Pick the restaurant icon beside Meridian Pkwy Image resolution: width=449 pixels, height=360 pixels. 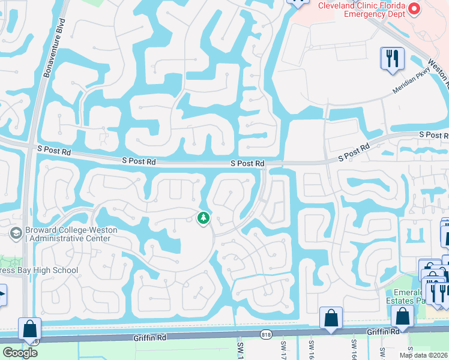(392, 59)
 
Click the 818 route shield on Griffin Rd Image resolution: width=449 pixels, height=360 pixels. (265, 334)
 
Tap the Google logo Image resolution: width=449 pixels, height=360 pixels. (20, 353)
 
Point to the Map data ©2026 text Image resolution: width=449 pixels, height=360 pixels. (423, 355)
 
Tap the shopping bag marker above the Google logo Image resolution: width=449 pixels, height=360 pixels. (29, 329)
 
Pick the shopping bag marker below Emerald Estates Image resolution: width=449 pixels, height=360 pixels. (402, 316)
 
